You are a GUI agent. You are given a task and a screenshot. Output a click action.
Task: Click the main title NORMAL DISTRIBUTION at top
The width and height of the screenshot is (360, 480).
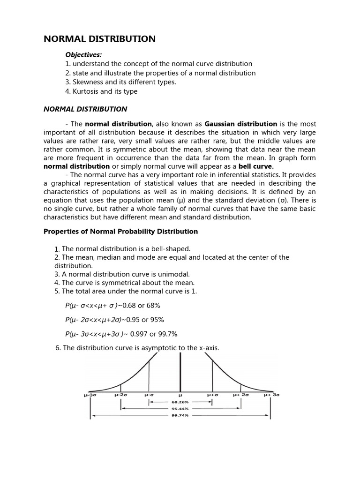click(99, 39)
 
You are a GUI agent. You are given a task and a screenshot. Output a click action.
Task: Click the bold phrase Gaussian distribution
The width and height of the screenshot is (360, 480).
click(241, 124)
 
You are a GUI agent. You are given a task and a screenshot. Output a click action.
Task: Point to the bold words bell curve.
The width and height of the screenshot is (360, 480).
click(256, 166)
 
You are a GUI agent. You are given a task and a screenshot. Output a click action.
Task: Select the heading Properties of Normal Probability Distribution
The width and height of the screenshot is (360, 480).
click(120, 231)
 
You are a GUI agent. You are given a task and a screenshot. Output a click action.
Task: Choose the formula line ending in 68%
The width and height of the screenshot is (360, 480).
click(112, 306)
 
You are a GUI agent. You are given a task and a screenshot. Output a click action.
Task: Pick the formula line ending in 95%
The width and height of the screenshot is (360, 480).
click(114, 320)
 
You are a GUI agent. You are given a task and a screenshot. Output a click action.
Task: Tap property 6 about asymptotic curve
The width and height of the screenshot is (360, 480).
click(137, 348)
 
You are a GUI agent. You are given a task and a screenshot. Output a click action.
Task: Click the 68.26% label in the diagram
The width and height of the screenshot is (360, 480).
click(180, 402)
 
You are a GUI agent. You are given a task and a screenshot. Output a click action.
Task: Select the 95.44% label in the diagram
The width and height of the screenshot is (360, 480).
click(180, 408)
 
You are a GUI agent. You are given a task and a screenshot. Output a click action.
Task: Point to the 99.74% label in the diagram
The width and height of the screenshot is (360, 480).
click(180, 415)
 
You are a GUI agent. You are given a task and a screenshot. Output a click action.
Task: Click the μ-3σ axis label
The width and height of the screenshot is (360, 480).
click(90, 395)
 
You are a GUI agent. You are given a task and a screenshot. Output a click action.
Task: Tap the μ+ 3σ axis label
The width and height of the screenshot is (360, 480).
click(271, 395)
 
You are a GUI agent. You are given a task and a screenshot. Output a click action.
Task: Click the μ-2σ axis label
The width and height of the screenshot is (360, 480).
click(120, 395)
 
